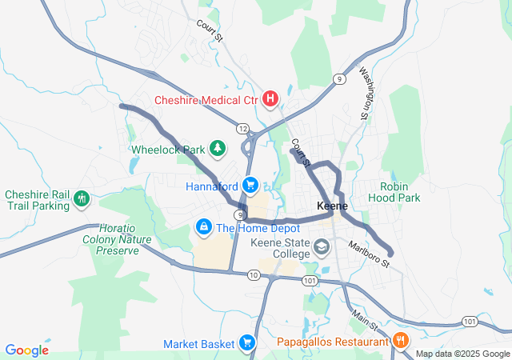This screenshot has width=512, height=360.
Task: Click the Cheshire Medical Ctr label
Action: click(206, 100)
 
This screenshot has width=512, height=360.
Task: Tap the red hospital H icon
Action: click(270, 99)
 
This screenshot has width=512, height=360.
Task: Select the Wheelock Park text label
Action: click(167, 149)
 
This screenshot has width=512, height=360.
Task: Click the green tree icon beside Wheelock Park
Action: click(216, 148)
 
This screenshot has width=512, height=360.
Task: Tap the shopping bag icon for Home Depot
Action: click(204, 228)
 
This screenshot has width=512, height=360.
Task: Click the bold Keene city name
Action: click(332, 206)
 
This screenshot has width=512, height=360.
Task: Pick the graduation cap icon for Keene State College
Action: click(322, 247)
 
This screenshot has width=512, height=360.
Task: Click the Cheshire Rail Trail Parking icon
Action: click(81, 199)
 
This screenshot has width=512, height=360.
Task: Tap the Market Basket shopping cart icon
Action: click(247, 343)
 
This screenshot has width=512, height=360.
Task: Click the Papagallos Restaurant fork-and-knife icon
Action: click(401, 342)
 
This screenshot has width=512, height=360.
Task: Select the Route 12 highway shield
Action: click(242, 129)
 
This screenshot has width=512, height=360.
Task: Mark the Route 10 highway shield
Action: click(254, 274)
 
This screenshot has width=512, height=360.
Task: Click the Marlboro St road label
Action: click(369, 253)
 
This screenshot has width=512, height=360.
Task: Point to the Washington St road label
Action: click(366, 93)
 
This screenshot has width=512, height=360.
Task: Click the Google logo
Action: click(27, 350)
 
